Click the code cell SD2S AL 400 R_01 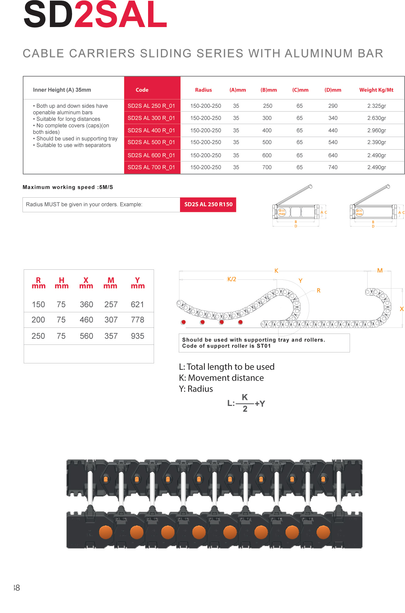[151, 130]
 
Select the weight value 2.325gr [376, 106]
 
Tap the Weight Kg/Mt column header [376, 90]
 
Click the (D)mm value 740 [333, 167]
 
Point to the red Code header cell [142, 90]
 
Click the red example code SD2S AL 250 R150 [208, 204]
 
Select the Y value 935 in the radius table [137, 336]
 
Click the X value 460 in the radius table [86, 320]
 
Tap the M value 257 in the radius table [111, 304]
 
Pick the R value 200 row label [38, 320]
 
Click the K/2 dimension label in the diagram [232, 279]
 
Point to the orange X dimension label [402, 309]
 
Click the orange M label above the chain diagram [380, 270]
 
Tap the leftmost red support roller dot [183, 322]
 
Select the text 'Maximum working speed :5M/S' [68, 187]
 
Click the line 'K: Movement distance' [221, 378]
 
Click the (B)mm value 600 [267, 155]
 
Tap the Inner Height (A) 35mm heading [62, 90]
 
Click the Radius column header [203, 90]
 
